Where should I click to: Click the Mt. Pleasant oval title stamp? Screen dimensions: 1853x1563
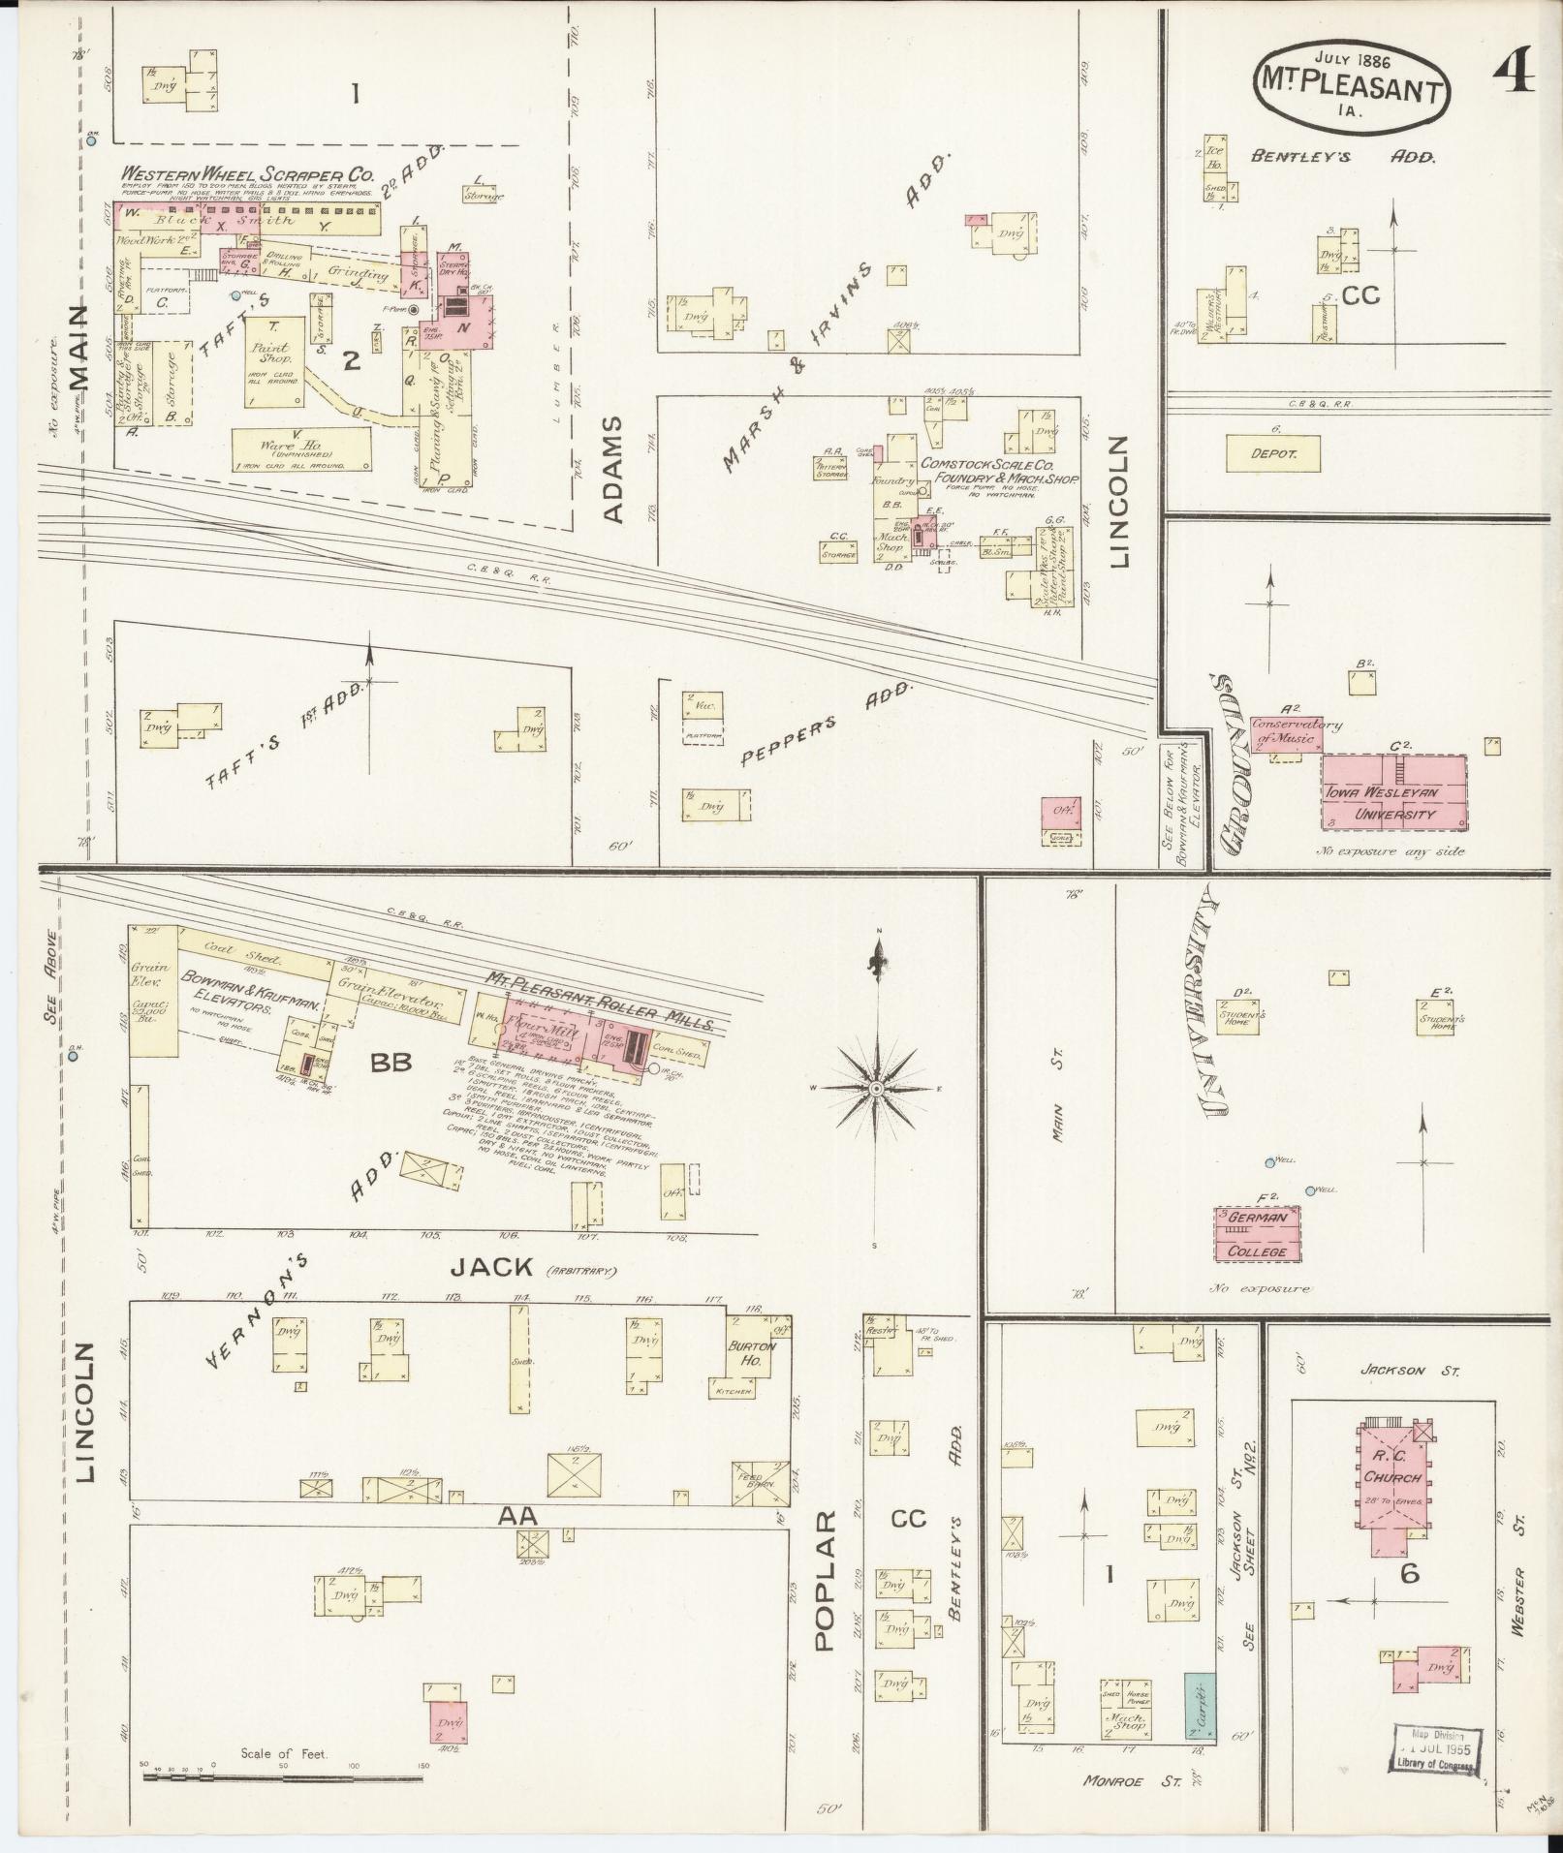(x=1355, y=85)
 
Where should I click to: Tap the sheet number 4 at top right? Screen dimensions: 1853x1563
(x=1512, y=71)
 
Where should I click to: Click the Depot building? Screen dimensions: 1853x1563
(x=1272, y=452)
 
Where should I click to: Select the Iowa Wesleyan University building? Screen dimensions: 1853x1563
(x=1394, y=792)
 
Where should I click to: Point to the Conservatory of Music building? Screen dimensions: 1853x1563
(x=1283, y=731)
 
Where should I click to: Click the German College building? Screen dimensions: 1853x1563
(x=1258, y=1233)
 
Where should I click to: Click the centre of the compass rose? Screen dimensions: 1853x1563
(x=876, y=1089)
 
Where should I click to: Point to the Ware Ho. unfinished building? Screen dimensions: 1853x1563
(x=301, y=448)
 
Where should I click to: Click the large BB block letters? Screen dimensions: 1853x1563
(x=391, y=1063)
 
